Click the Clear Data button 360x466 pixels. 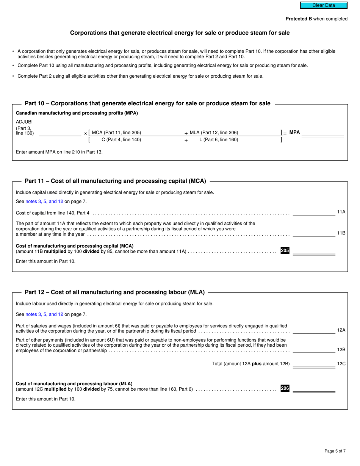[324, 5]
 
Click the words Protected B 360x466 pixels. [299, 19]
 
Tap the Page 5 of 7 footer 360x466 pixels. [335, 451]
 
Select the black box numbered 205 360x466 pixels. [285, 250]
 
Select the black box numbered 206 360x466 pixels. [285, 388]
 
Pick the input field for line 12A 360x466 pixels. [314, 330]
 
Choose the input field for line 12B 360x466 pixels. [314, 350]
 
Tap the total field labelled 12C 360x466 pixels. [314, 364]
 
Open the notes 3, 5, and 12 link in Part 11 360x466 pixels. [44, 202]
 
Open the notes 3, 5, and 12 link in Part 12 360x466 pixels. [44, 314]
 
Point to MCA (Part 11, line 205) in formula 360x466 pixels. [116, 133]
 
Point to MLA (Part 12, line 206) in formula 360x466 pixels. [214, 133]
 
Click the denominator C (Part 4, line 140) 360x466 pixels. [121, 140]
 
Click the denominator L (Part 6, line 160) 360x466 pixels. [219, 140]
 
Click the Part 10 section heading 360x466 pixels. [147, 103]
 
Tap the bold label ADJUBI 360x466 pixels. [24, 122]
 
